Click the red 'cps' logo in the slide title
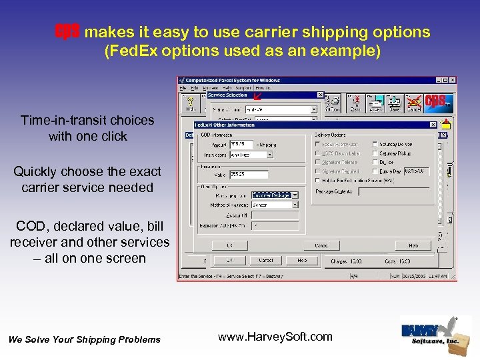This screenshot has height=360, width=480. [67, 31]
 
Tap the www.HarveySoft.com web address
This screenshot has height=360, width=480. [275, 337]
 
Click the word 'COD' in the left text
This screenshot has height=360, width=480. [31, 227]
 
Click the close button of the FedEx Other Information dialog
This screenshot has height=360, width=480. [433, 125]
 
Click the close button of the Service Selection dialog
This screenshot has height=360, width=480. [320, 95]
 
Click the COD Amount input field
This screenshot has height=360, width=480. [241, 144]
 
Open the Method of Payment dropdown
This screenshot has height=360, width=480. [274, 205]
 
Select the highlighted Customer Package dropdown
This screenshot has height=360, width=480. [274, 195]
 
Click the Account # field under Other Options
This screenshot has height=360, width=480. [274, 215]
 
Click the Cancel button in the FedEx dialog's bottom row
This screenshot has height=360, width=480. [321, 245]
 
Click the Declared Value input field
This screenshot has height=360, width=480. [249, 175]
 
